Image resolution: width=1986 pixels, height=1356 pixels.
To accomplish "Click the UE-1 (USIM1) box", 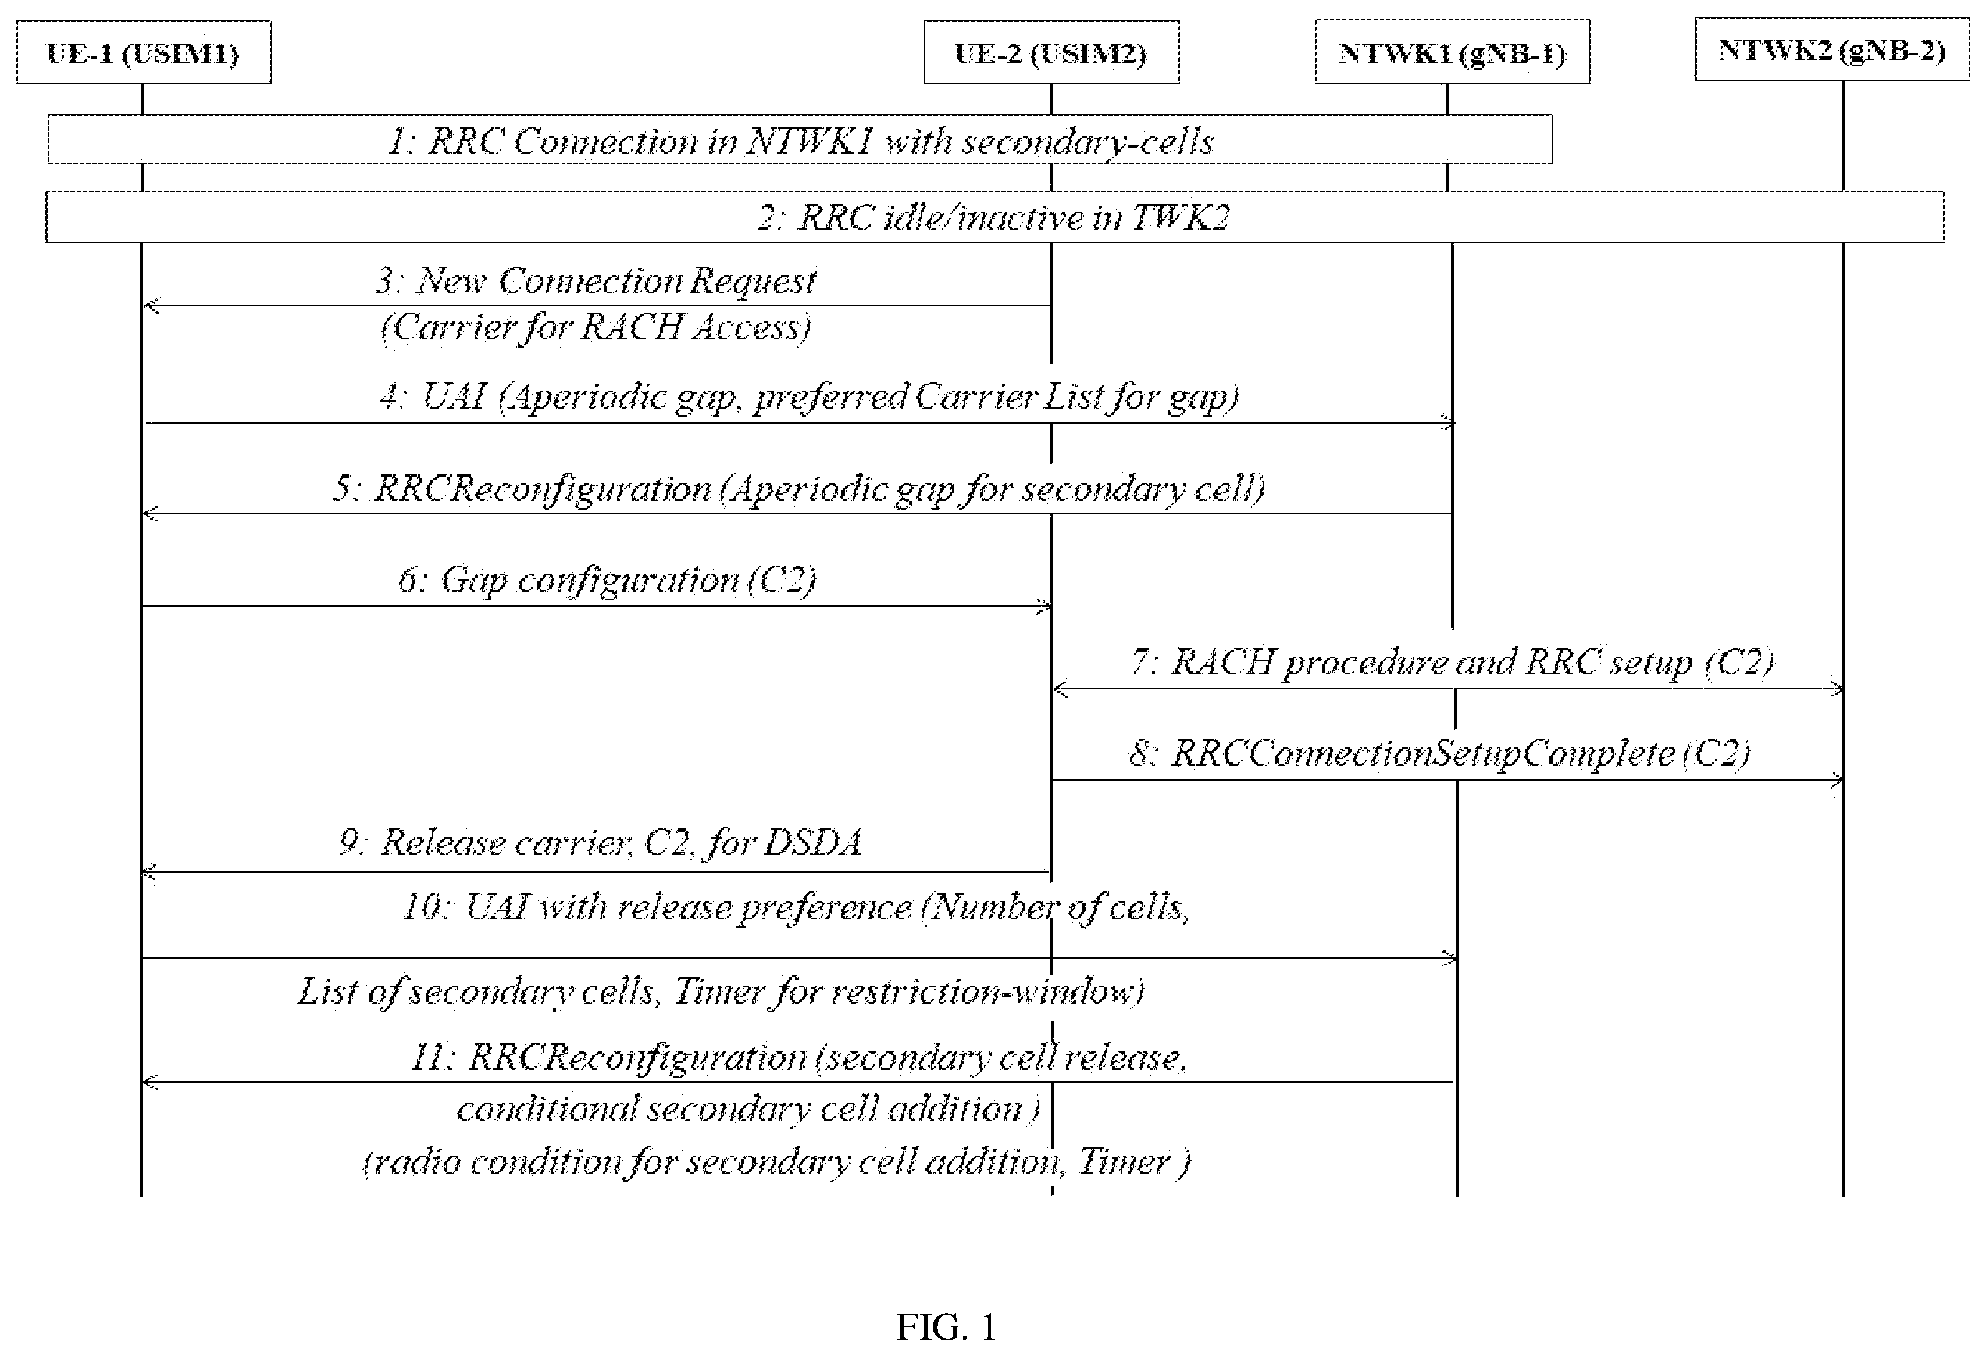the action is pyautogui.click(x=144, y=53).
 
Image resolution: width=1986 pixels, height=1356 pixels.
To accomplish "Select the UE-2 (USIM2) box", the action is pyautogui.click(x=1051, y=53).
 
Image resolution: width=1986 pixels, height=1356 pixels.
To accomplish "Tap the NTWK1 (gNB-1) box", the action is pyautogui.click(x=1452, y=52).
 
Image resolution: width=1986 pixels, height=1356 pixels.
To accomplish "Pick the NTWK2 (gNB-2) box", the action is pyautogui.click(x=1832, y=49).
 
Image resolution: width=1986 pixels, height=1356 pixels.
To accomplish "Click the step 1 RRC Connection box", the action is pyautogui.click(x=800, y=139).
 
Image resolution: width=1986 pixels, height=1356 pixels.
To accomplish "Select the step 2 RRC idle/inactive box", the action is pyautogui.click(x=995, y=217).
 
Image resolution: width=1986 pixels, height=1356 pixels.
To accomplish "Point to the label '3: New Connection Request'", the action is pyautogui.click(x=596, y=281).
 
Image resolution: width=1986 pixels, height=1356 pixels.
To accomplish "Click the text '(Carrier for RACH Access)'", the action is pyautogui.click(x=596, y=327).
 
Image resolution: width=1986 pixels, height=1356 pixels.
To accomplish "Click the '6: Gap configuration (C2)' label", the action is pyautogui.click(x=607, y=581).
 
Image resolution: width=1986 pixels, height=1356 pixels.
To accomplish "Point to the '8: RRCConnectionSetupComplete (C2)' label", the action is pyautogui.click(x=1440, y=753).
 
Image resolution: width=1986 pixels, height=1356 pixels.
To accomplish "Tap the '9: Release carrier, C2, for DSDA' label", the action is pyautogui.click(x=601, y=843).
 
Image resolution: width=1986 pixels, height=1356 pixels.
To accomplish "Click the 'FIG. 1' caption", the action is pyautogui.click(x=946, y=1328).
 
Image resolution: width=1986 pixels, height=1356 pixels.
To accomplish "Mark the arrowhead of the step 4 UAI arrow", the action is pyautogui.click(x=1449, y=422).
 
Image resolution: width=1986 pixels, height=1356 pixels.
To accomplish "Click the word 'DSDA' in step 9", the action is pyautogui.click(x=812, y=843).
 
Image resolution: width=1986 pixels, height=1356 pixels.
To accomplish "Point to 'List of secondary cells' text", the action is pyautogui.click(x=476, y=992).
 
